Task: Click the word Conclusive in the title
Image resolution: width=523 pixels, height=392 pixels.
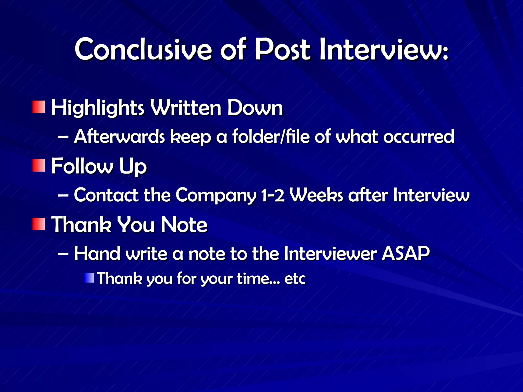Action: pos(143,49)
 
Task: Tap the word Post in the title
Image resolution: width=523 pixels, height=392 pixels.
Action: pos(283,49)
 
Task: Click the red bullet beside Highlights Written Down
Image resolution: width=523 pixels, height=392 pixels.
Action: pos(39,107)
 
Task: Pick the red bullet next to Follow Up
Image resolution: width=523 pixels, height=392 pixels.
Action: pos(39,165)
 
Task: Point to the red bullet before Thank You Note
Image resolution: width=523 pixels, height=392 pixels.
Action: pos(39,224)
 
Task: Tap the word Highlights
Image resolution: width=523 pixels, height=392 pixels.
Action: pos(98,108)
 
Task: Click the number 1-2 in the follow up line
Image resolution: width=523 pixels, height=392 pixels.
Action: pos(273,195)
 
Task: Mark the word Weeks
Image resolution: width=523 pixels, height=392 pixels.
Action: pos(317,195)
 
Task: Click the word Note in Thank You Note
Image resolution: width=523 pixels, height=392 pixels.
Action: pos(184,225)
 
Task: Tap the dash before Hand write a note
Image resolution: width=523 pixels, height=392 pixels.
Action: pos(63,254)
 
